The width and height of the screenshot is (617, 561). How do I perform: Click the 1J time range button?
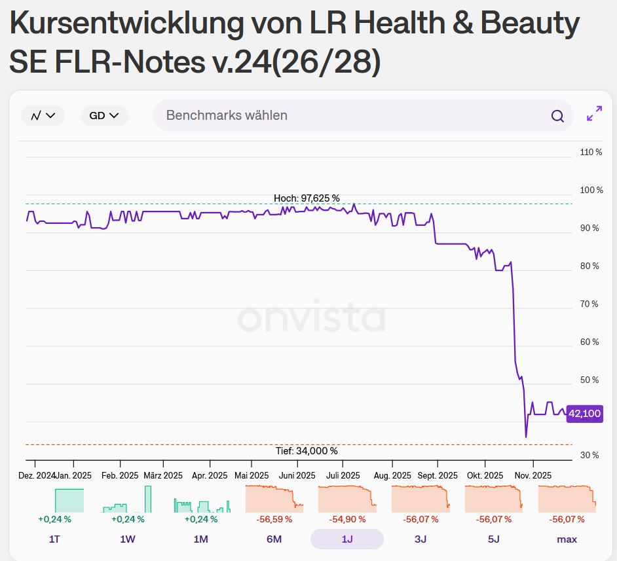(x=346, y=539)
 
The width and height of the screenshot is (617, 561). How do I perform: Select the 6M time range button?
(x=274, y=539)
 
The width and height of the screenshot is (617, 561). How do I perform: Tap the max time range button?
(x=567, y=539)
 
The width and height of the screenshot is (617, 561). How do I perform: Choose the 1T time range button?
(x=54, y=539)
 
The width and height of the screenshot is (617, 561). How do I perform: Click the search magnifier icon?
(x=557, y=116)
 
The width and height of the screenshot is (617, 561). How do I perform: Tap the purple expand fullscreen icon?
(x=594, y=114)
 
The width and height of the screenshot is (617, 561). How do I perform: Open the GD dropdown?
(x=104, y=116)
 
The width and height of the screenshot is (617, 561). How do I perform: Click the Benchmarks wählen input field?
(x=347, y=116)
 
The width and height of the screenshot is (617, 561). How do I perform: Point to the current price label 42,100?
(x=584, y=414)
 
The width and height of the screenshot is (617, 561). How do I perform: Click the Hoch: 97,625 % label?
(x=307, y=198)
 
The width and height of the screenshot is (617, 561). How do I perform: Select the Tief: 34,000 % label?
(x=307, y=451)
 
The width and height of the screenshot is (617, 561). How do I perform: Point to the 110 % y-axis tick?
(x=591, y=153)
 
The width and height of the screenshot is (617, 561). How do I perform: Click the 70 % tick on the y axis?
(x=591, y=304)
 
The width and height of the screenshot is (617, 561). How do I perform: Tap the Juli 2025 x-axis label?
(x=343, y=476)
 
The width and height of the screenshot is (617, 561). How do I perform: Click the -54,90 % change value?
(x=346, y=519)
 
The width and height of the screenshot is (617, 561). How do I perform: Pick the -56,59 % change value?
(x=274, y=519)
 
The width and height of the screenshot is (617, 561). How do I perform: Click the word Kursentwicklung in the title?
(x=126, y=24)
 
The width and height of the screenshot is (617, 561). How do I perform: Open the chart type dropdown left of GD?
(x=43, y=116)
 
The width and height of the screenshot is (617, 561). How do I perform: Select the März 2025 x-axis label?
(x=163, y=476)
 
